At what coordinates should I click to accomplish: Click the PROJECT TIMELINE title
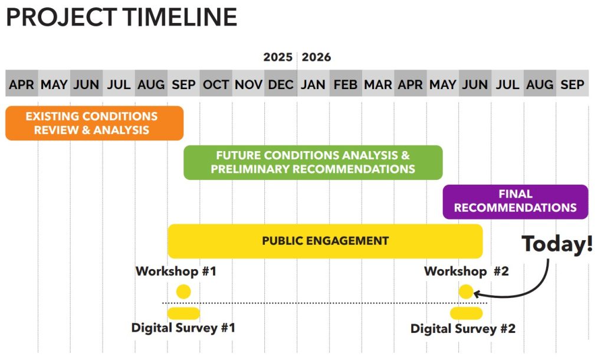click(x=122, y=17)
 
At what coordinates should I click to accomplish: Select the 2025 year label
click(x=278, y=57)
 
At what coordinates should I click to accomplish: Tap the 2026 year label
click(x=316, y=57)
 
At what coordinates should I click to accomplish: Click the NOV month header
click(x=248, y=84)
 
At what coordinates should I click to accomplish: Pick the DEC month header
click(x=281, y=84)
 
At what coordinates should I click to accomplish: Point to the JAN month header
click(x=313, y=84)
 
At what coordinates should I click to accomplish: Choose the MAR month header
click(x=378, y=84)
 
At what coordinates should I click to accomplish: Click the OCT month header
click(x=216, y=84)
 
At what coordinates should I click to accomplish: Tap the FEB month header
click(x=346, y=84)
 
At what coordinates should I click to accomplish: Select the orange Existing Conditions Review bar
click(x=94, y=123)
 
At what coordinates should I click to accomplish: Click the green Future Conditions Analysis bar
click(x=313, y=163)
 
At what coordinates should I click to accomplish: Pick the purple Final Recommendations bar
click(x=516, y=202)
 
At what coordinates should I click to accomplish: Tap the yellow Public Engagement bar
click(x=325, y=241)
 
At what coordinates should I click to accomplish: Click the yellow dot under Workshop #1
click(x=183, y=292)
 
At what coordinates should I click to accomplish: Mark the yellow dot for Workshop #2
click(x=466, y=292)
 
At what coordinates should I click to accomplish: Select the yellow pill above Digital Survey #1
click(x=183, y=313)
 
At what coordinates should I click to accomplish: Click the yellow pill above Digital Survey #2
click(x=467, y=313)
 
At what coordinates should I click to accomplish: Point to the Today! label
click(x=557, y=244)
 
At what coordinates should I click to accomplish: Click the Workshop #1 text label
click(x=176, y=271)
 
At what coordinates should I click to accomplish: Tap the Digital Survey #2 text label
click(x=463, y=329)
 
